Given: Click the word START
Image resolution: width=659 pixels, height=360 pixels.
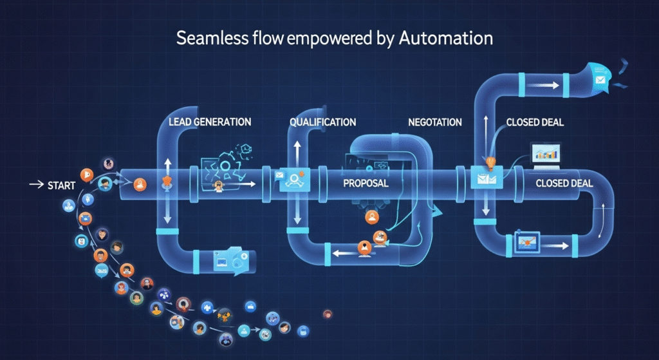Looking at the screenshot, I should point(62,185).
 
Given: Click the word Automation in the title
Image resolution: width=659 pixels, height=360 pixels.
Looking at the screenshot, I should point(446,38).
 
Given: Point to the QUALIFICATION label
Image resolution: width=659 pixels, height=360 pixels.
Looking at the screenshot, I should point(322,122).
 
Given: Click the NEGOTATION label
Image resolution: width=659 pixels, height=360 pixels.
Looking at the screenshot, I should point(434,122).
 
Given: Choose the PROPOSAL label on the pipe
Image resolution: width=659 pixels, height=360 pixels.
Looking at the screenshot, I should point(366,184).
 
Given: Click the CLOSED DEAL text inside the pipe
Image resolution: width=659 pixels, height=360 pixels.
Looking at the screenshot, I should point(564,184).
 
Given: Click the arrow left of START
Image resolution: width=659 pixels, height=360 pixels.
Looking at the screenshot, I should point(35,185).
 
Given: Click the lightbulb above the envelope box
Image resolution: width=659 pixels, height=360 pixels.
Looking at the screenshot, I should point(490,162).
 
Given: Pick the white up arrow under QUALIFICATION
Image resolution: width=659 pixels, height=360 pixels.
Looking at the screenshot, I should point(297,152).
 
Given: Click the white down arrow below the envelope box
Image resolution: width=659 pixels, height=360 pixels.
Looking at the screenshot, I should point(486,207).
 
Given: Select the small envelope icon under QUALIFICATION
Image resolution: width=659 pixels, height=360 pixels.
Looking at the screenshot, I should point(279,175).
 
